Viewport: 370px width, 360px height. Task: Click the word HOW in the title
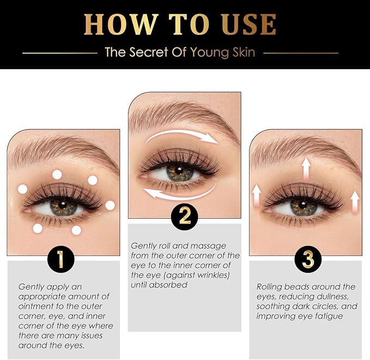(x=121, y=25)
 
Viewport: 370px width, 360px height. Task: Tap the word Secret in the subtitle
(x=149, y=52)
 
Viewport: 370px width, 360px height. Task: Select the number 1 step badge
(x=60, y=260)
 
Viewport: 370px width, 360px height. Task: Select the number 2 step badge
(x=185, y=217)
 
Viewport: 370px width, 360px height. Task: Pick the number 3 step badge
(x=308, y=260)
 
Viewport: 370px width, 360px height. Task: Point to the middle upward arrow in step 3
(x=306, y=169)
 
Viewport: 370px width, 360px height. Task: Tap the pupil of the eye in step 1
(x=63, y=205)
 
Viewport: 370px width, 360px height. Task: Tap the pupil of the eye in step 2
(x=179, y=170)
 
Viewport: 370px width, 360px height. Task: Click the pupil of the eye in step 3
(x=303, y=205)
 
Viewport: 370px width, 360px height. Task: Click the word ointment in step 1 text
(x=36, y=307)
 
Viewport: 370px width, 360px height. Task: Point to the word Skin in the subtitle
(x=244, y=52)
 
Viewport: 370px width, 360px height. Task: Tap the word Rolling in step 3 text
(x=269, y=287)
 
